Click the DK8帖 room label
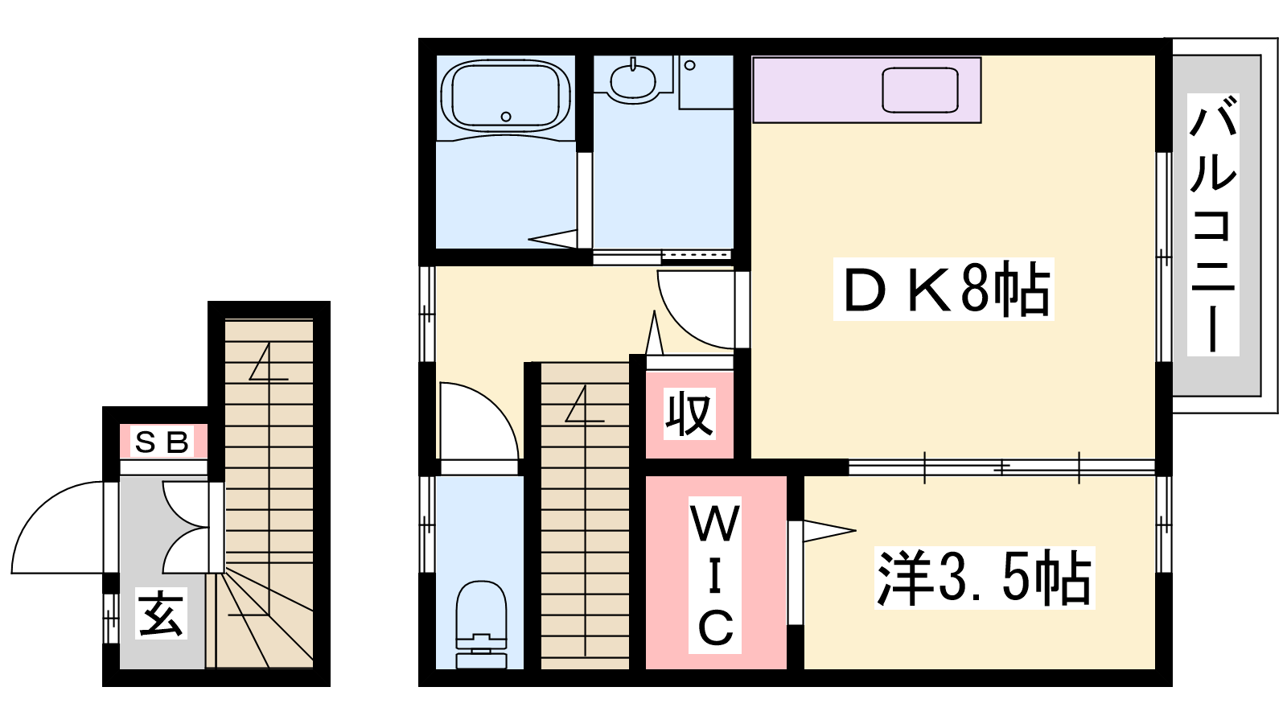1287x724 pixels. point(944,289)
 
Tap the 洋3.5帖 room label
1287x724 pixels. point(985,578)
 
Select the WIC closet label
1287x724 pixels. point(715,574)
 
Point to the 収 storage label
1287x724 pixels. point(689,413)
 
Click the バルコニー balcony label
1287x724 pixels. point(1213,224)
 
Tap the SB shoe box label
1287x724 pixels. point(162,442)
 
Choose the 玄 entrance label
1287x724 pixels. point(162,613)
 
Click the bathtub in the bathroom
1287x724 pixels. point(506,96)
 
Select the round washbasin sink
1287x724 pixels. point(632,81)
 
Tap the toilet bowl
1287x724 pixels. point(481,624)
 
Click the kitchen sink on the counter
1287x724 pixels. point(920,90)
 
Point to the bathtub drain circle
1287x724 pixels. point(506,117)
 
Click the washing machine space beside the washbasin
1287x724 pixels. point(705,82)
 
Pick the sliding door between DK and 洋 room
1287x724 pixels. point(1001,467)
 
